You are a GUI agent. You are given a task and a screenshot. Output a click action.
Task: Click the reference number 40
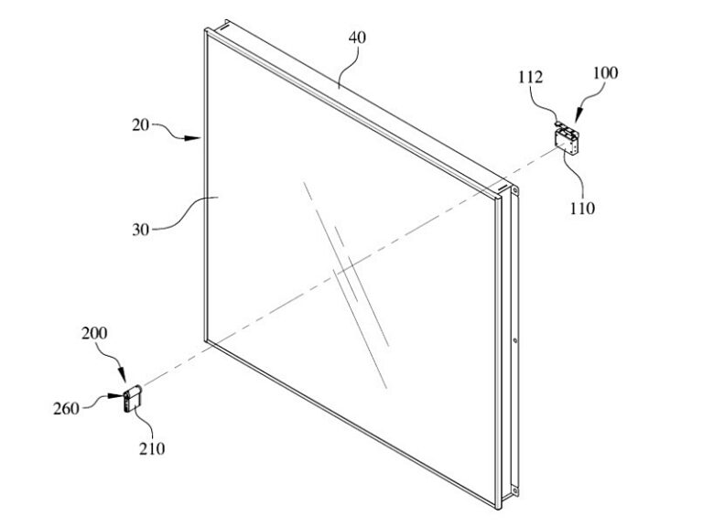pyautogui.click(x=357, y=38)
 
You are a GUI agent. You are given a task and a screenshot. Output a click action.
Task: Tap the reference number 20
pyautogui.click(x=140, y=124)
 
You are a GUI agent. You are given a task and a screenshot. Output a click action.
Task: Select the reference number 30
pyautogui.click(x=140, y=230)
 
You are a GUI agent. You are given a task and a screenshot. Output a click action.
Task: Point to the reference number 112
pyautogui.click(x=530, y=77)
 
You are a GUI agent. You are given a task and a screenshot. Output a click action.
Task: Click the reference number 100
pyautogui.click(x=605, y=72)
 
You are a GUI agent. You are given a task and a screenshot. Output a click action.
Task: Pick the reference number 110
pyautogui.click(x=582, y=208)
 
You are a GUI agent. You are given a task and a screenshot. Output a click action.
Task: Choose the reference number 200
pyautogui.click(x=94, y=333)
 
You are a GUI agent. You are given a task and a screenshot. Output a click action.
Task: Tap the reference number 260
pyautogui.click(x=66, y=408)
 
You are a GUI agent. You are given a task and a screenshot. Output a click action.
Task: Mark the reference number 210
pyautogui.click(x=152, y=448)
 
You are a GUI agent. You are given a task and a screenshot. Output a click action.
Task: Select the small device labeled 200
pyautogui.click(x=133, y=398)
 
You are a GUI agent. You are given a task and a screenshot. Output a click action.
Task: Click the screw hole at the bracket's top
pyautogui.click(x=514, y=190)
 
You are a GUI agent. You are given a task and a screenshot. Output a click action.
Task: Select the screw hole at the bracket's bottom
pyautogui.click(x=514, y=491)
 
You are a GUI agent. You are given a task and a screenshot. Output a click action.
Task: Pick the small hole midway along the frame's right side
pyautogui.click(x=515, y=340)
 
